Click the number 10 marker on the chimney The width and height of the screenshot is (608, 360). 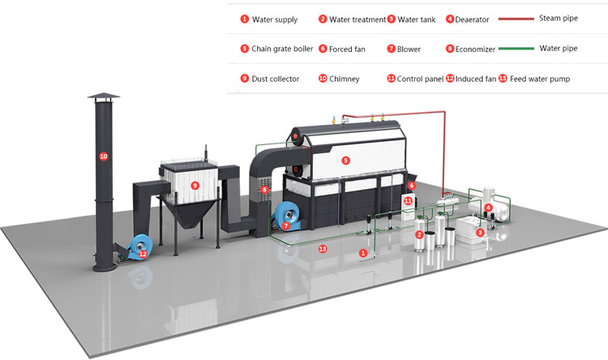[103, 155]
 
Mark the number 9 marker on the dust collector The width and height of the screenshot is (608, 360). [195, 185]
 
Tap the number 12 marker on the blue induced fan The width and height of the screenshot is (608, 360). [143, 254]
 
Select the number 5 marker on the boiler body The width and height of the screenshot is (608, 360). [346, 161]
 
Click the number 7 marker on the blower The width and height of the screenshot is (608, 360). [286, 227]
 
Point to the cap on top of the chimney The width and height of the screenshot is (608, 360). [103, 99]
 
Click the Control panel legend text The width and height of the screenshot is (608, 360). [418, 79]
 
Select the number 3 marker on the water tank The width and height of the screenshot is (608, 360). [480, 232]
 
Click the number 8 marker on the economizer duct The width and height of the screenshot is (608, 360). [263, 190]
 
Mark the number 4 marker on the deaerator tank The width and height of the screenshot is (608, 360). [488, 208]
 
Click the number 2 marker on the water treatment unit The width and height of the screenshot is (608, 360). [419, 234]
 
